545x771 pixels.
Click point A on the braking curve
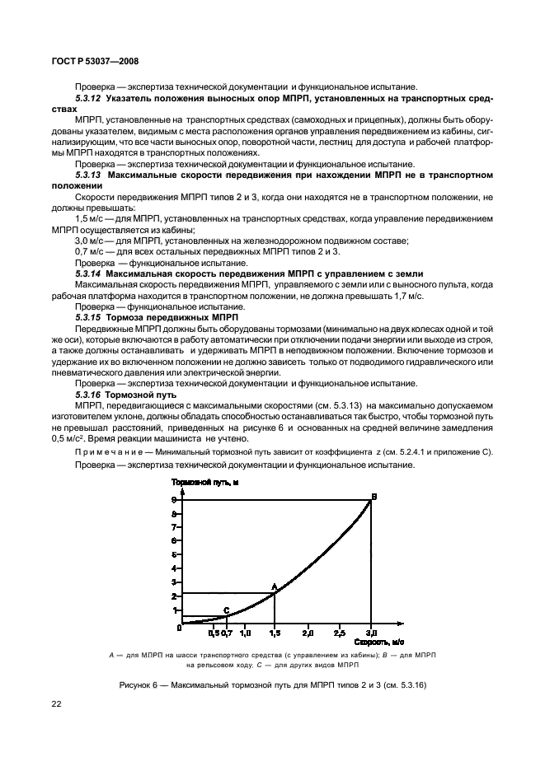point(275,592)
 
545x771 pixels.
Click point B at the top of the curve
point(370,500)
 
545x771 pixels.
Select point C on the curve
point(226,615)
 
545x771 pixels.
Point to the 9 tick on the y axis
point(174,500)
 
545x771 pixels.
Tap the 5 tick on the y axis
point(174,554)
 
